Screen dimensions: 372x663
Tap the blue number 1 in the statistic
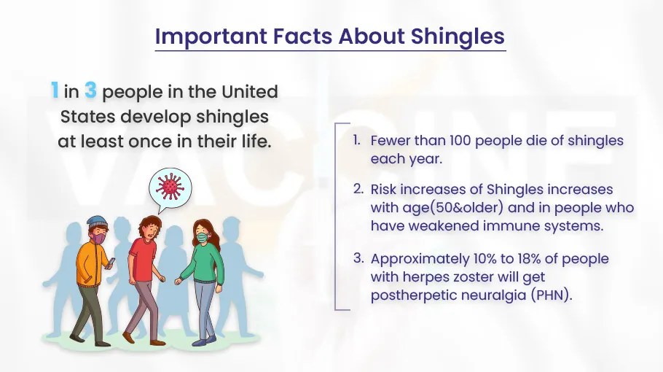tap(55, 92)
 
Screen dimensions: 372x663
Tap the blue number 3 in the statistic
tap(90, 92)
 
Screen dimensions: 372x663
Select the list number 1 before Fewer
tap(356, 139)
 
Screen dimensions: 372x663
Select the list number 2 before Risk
tap(358, 189)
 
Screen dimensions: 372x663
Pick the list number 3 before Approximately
tap(358, 258)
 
